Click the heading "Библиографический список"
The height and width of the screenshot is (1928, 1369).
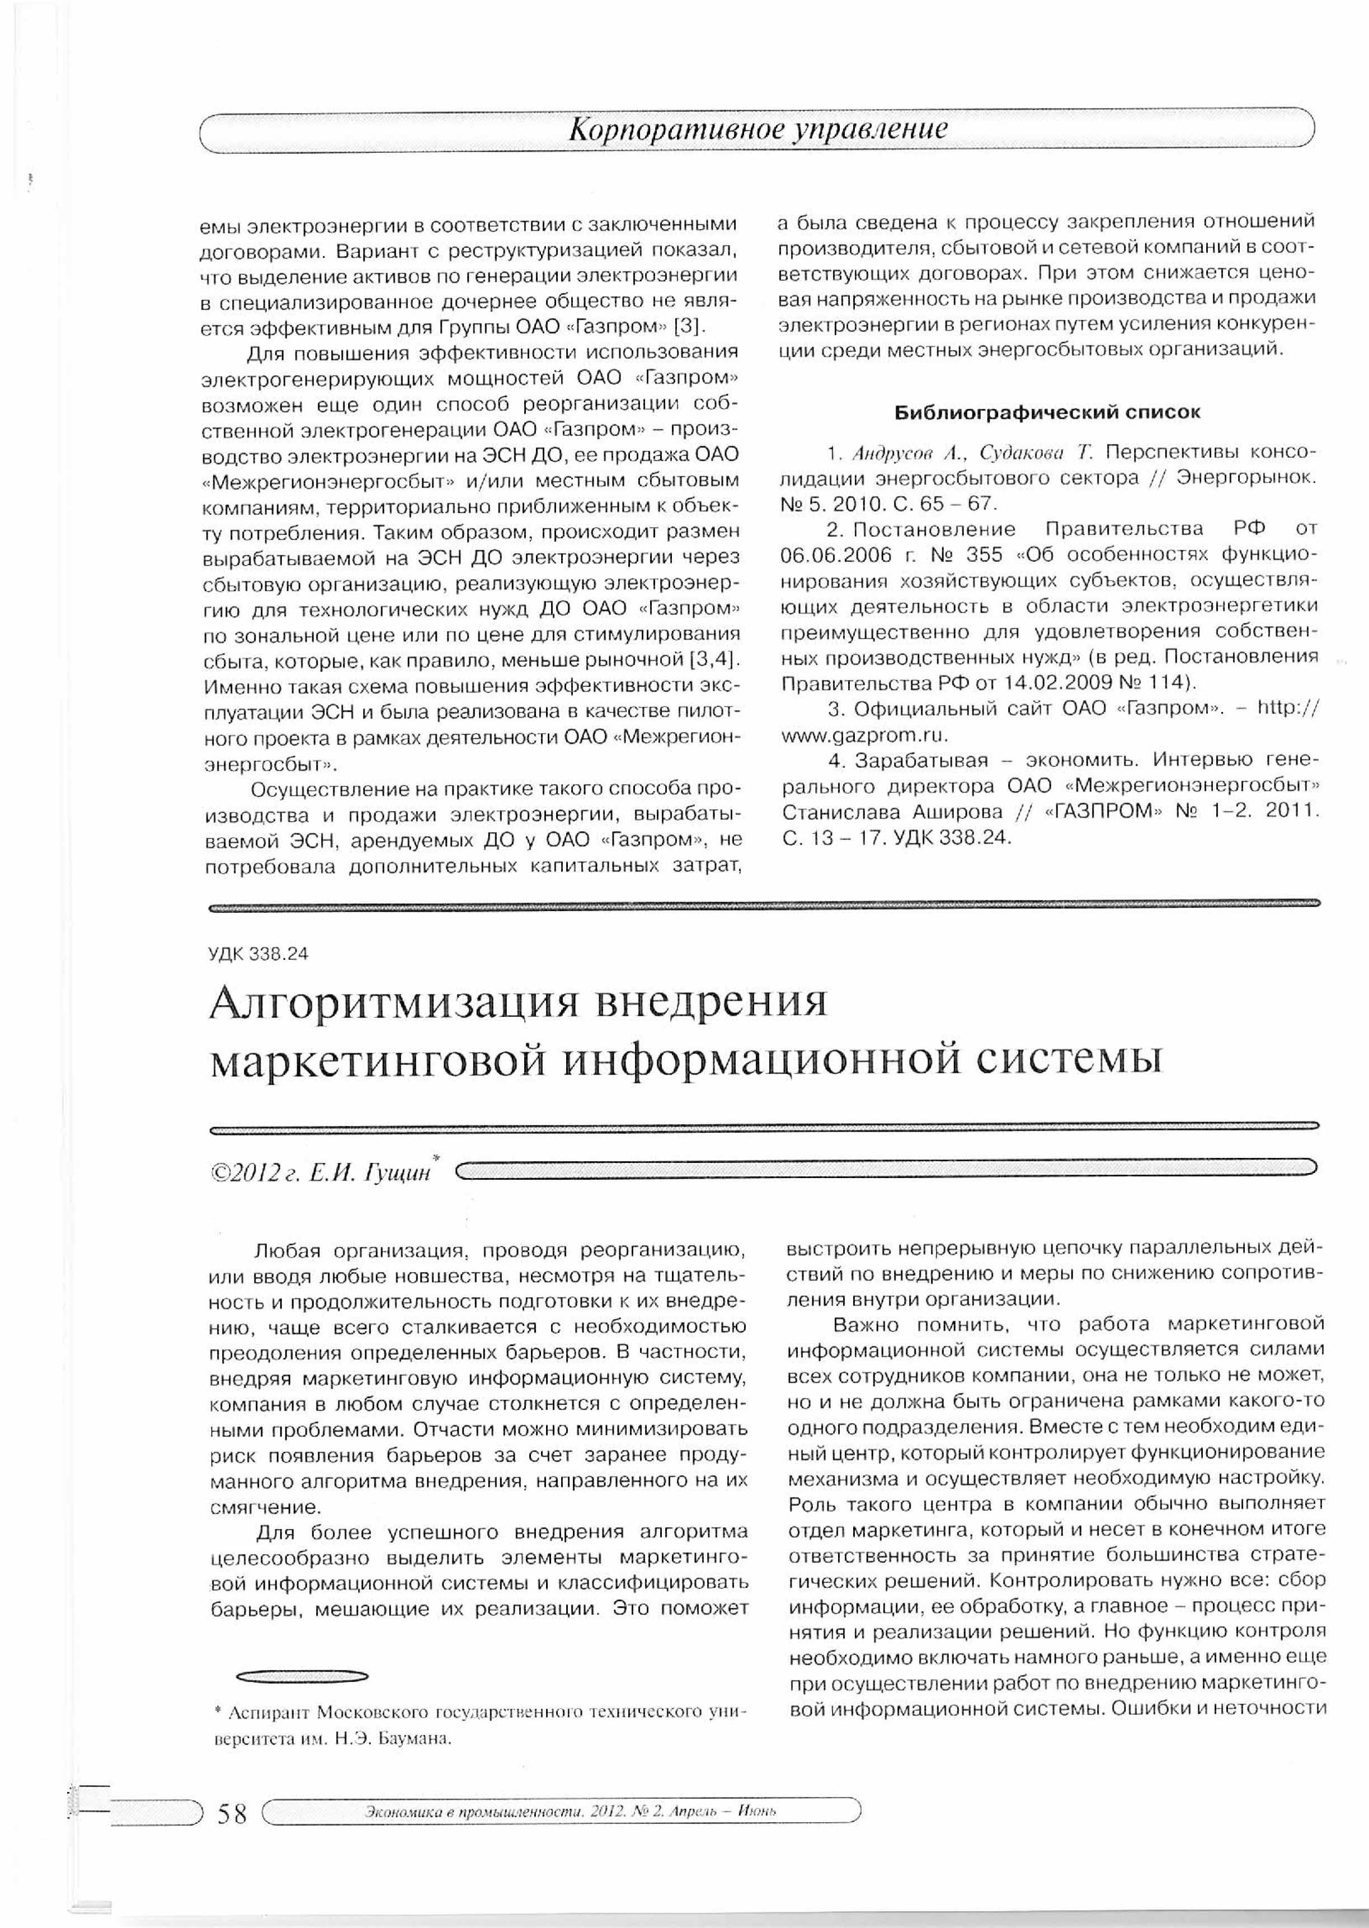(x=1047, y=412)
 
